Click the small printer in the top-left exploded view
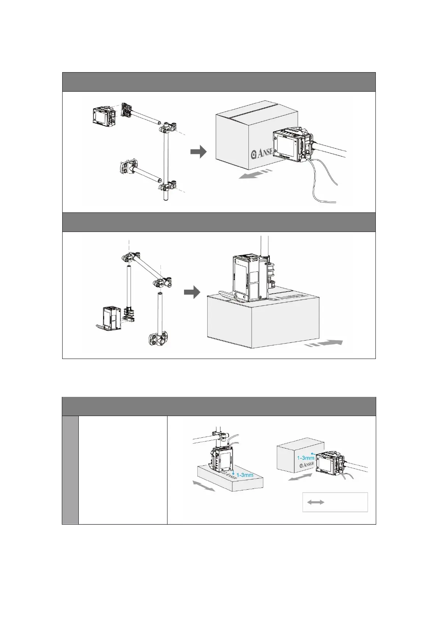click(x=103, y=117)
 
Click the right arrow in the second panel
click(x=192, y=293)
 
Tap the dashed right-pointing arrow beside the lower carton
click(x=324, y=344)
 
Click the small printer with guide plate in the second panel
click(x=110, y=318)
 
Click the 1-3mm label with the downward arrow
click(x=243, y=475)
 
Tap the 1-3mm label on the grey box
click(x=305, y=458)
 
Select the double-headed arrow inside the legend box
click(x=316, y=502)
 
